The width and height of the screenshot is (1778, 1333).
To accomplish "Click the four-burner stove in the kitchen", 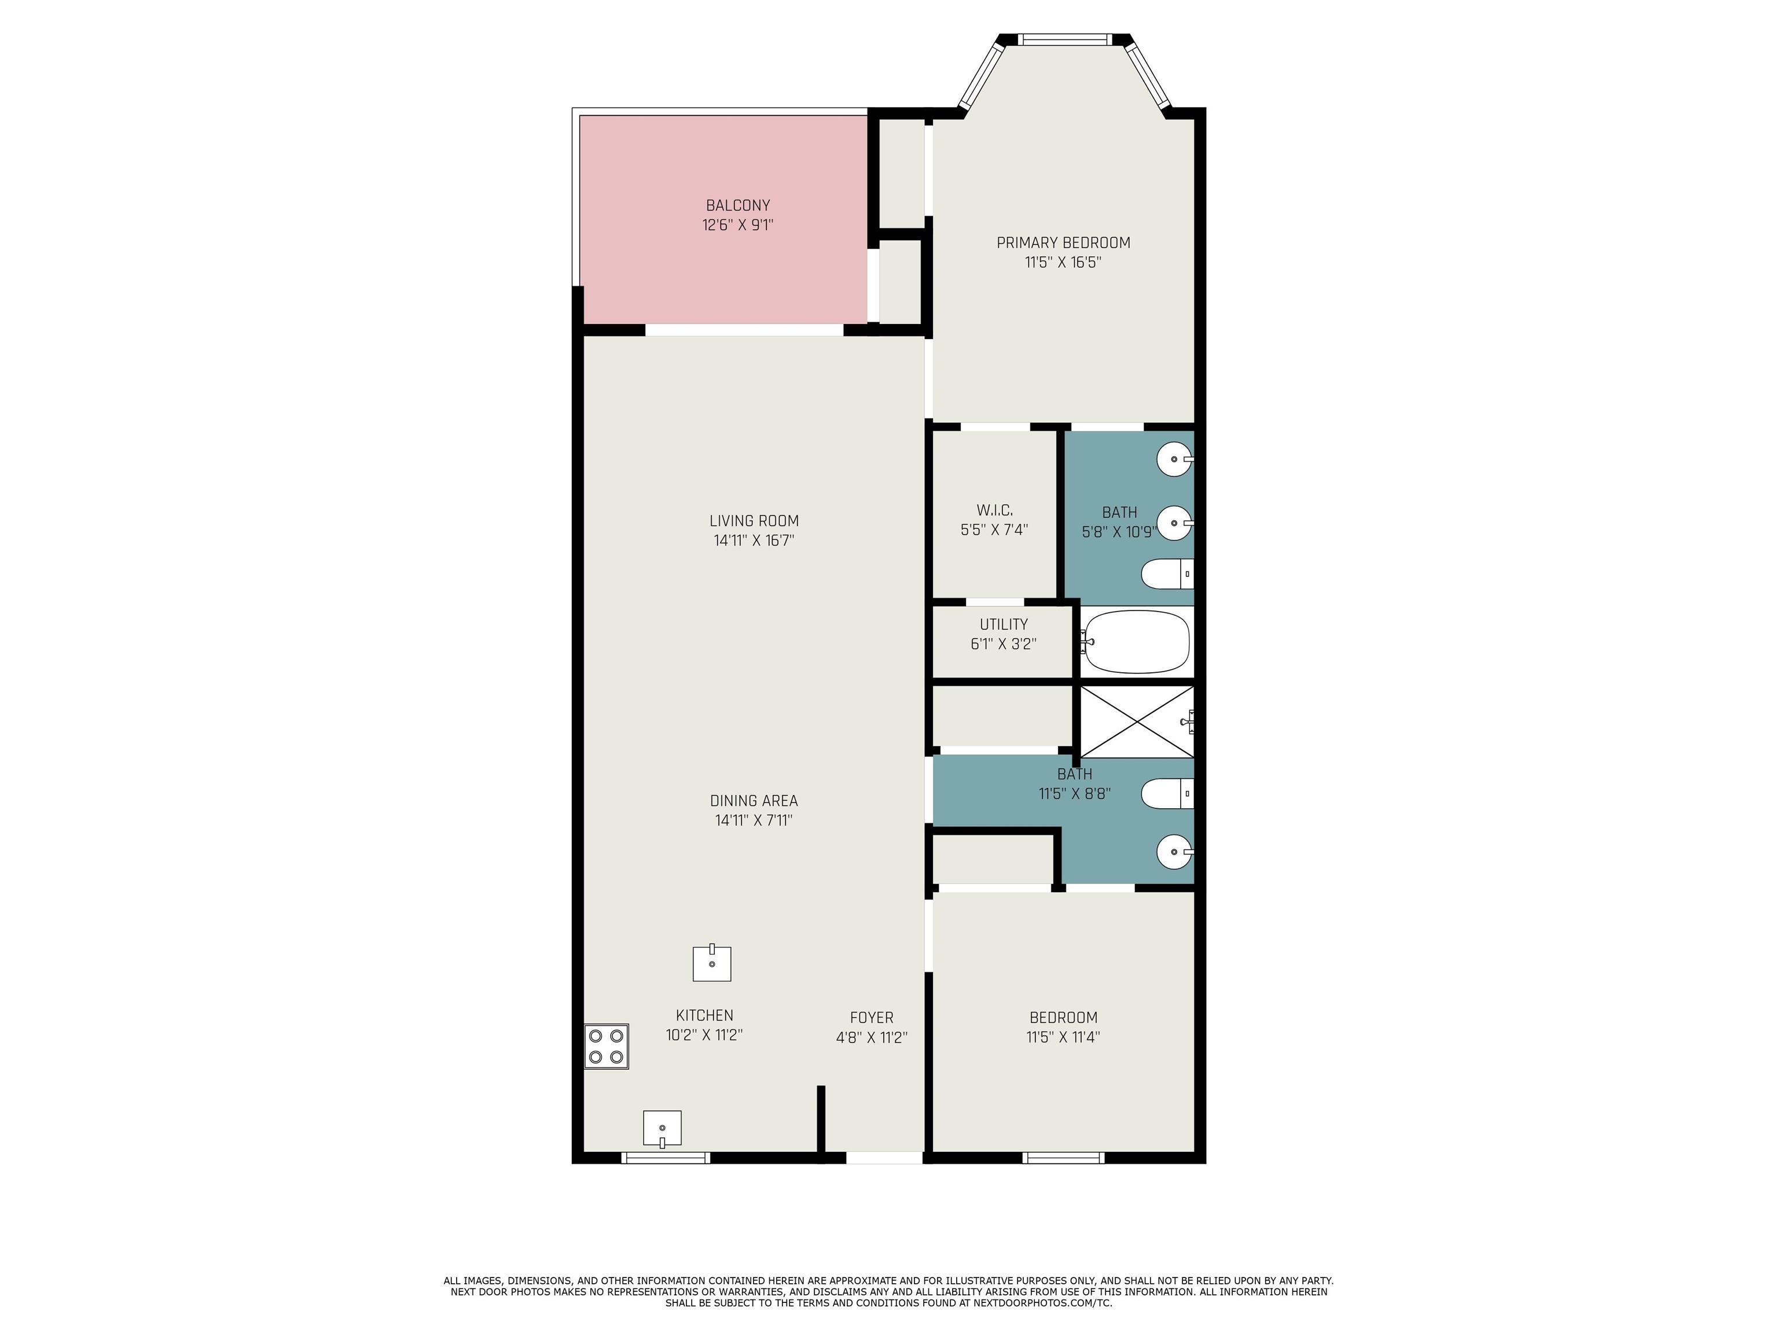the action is pos(606,1046).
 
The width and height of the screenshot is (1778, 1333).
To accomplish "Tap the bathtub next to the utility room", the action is pos(1135,642).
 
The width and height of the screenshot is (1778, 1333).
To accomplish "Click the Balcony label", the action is pos(738,206).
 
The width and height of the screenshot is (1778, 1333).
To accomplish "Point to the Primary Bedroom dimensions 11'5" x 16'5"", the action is pos(1063,262).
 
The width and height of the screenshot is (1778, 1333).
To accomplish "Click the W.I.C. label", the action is pos(994,510).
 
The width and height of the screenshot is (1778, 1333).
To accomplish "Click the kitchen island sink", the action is pos(712,963).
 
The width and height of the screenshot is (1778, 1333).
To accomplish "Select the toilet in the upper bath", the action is pos(1168,574).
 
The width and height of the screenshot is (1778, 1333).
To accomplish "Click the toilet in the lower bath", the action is pos(1168,794).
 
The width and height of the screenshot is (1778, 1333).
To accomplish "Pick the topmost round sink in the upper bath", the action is pos(1175,459).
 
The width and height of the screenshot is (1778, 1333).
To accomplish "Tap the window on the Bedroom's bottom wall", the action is pos(1063,1158).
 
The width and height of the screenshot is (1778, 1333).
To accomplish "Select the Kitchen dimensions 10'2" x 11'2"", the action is pos(704,1035).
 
